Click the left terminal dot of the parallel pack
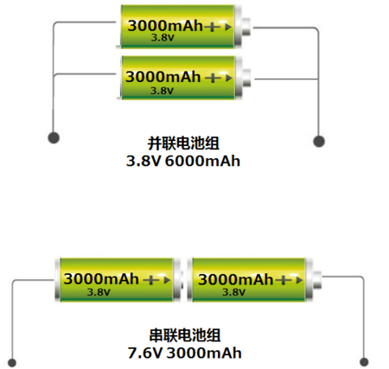click(54, 137)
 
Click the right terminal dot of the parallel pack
click(319, 141)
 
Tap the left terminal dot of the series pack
click(12, 362)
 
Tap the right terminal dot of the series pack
click(364, 362)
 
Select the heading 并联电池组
click(183, 143)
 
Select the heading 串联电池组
click(185, 335)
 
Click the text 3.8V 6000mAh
click(183, 161)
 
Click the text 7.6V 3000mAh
click(184, 353)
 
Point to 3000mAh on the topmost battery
click(165, 26)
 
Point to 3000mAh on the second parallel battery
click(163, 77)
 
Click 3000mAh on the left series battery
click(101, 279)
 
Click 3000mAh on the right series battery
click(235, 279)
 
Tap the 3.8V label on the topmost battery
click(163, 38)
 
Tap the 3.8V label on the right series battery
click(233, 292)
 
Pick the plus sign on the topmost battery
click(212, 27)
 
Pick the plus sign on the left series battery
click(150, 280)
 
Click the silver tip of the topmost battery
click(246, 27)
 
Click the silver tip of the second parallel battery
click(247, 78)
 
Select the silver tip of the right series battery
click(317, 279)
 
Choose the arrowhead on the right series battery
click(299, 280)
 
